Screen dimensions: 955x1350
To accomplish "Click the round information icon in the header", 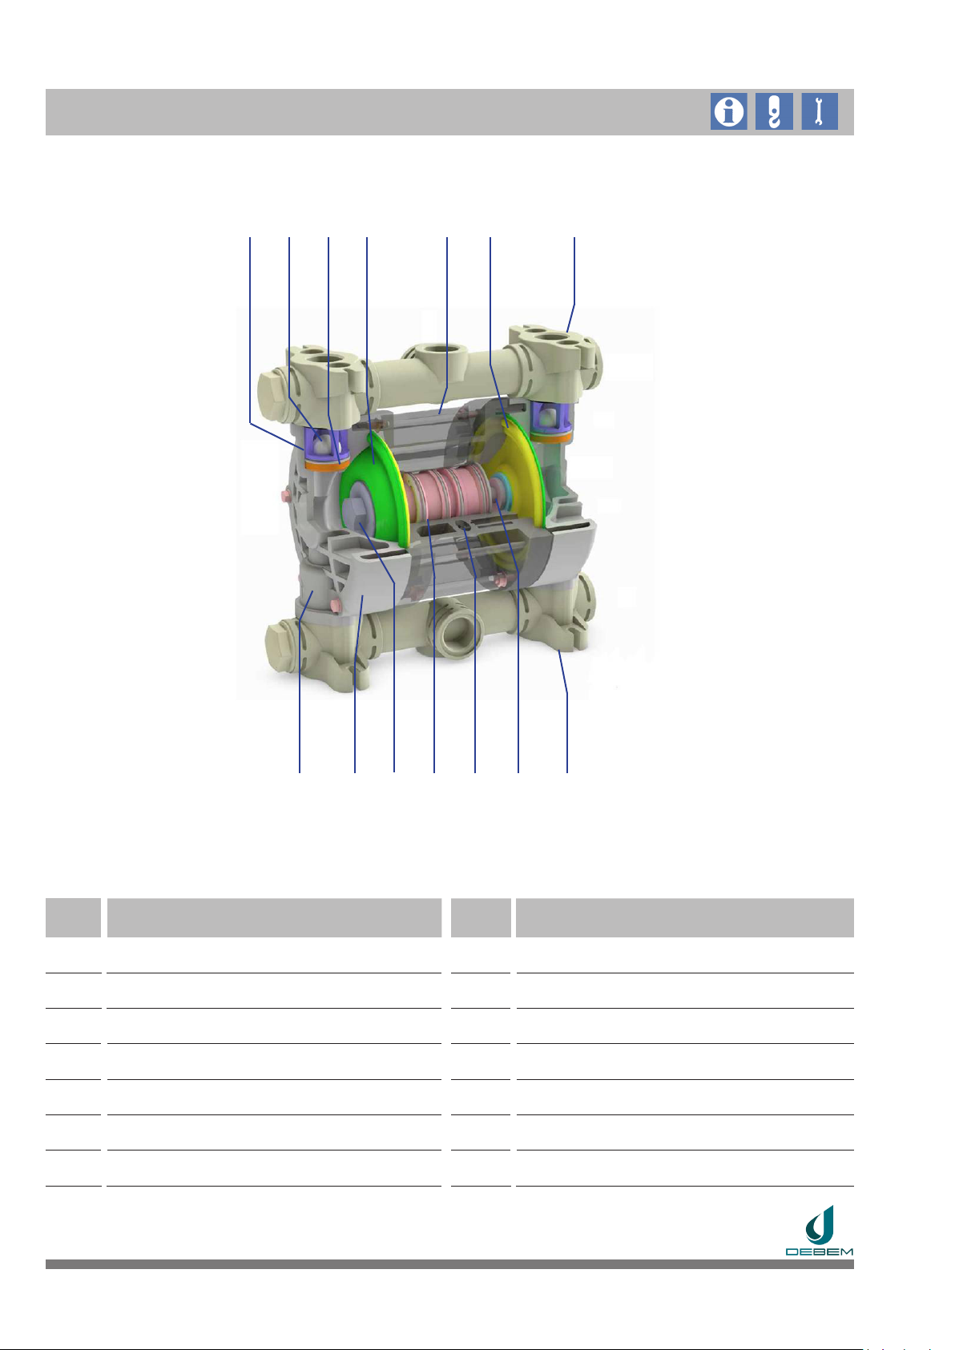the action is (x=728, y=111).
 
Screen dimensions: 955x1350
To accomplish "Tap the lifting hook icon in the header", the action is (x=774, y=111).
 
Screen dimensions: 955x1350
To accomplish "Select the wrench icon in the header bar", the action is (x=820, y=111).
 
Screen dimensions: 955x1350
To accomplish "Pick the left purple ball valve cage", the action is (x=326, y=444).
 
